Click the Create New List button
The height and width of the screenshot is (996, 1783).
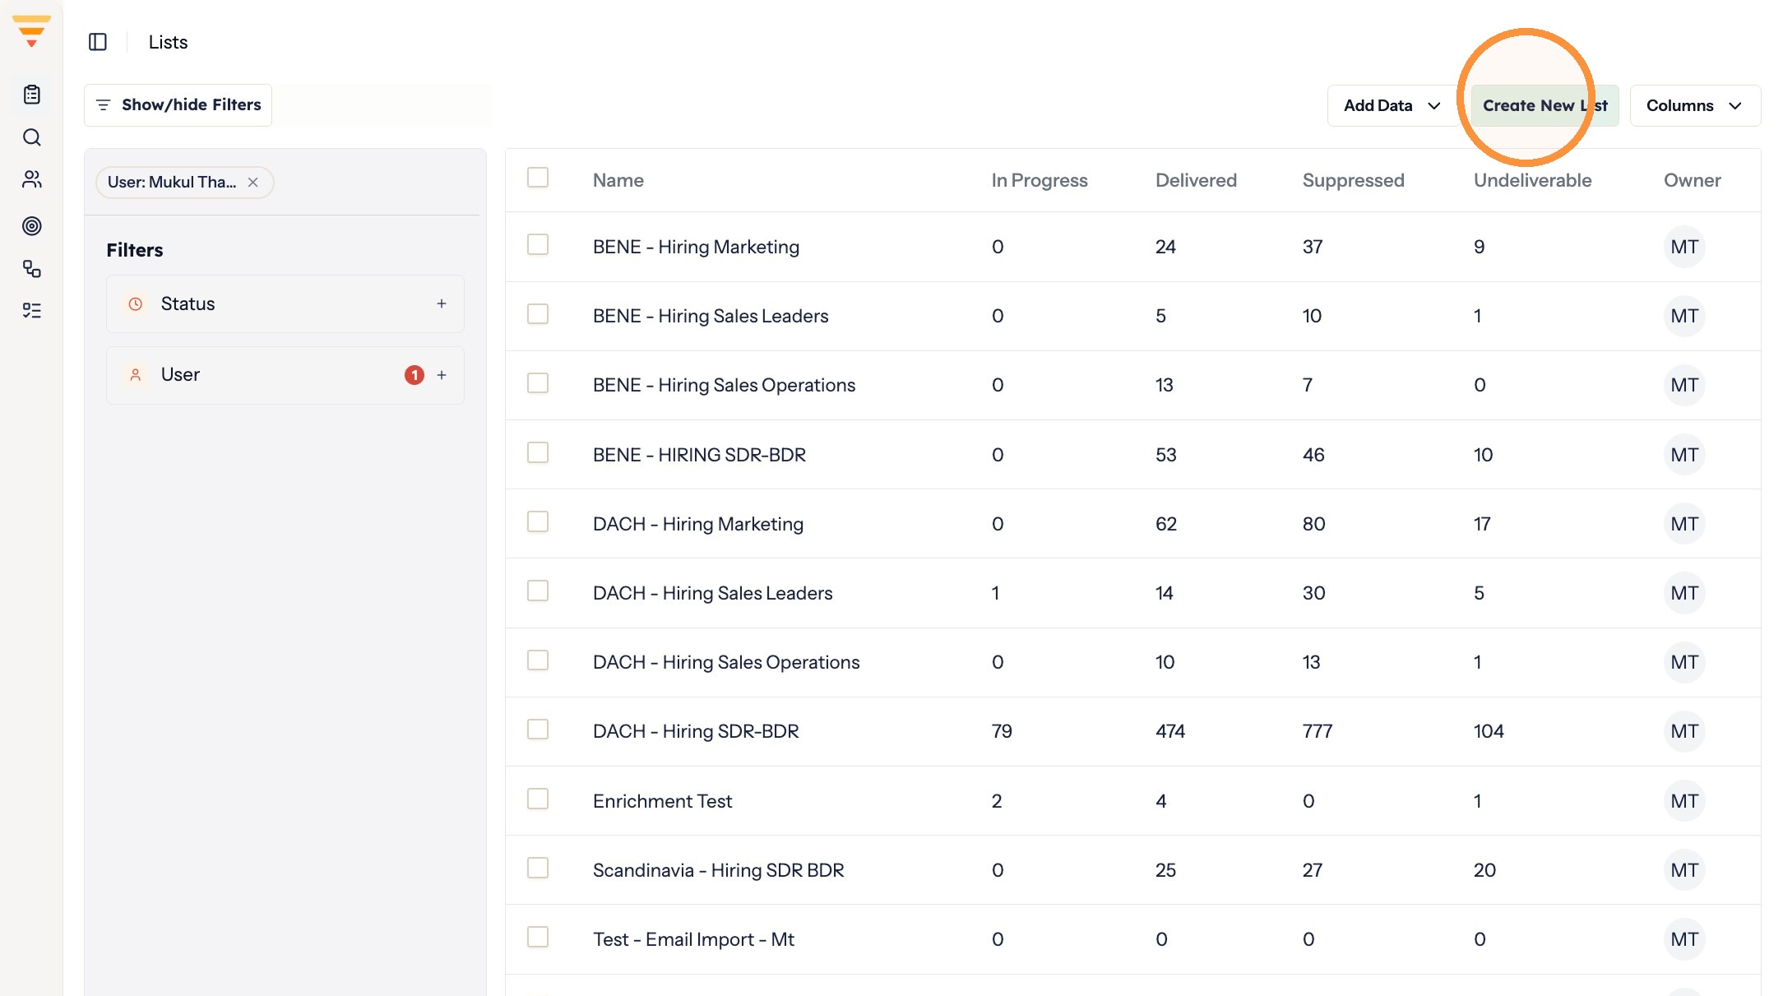(1544, 105)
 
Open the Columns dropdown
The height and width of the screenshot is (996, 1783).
(1695, 105)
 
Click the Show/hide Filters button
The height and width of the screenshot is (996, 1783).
(178, 105)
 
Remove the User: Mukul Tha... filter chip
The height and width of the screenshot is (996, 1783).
(253, 183)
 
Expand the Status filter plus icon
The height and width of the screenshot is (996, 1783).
(442, 304)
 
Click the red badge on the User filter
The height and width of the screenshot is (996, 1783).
(414, 375)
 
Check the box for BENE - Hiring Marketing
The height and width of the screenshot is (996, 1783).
(538, 245)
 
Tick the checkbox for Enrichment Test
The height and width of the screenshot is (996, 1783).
(538, 799)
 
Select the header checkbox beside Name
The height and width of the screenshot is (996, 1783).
(538, 178)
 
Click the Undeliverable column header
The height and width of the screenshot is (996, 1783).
(1532, 180)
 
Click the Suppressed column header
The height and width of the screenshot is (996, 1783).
(1353, 180)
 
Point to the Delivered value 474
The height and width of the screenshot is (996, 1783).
(1169, 731)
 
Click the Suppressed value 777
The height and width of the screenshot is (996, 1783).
(1317, 731)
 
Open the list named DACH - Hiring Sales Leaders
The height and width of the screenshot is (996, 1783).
(712, 593)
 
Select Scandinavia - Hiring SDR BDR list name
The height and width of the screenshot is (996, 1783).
(718, 870)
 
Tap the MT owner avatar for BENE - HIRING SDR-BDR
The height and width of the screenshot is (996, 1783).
(1683, 455)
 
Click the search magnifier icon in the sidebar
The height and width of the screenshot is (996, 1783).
(32, 137)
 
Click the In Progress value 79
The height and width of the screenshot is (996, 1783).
(1002, 731)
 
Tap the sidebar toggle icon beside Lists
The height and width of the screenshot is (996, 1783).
(98, 42)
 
